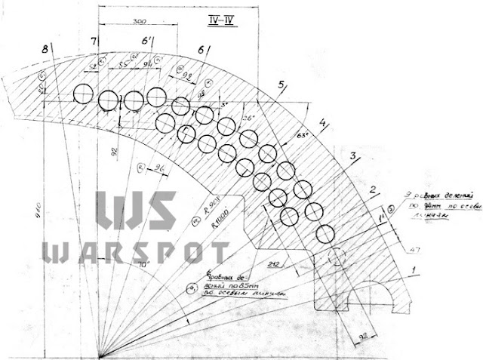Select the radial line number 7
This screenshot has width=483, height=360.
pos(94,41)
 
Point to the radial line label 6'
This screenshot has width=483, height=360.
pos(146,43)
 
